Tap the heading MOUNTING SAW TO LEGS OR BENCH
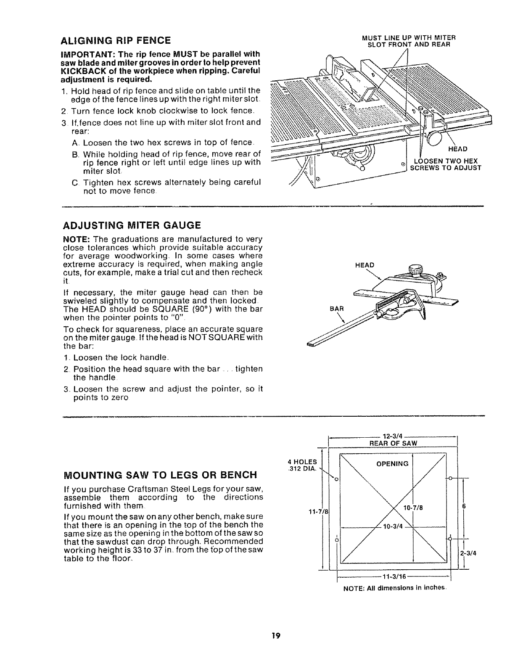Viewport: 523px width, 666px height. [159, 475]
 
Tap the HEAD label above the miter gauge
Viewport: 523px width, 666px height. [364, 265]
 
